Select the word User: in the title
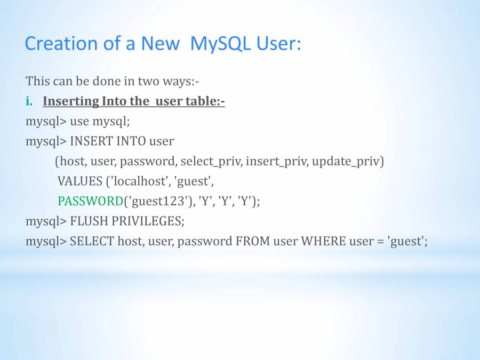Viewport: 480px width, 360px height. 278,43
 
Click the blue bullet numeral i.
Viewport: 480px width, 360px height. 29,101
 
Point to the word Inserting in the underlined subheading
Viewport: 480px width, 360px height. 71,101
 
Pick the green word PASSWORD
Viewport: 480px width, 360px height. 90,201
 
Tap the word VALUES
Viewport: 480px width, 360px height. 80,181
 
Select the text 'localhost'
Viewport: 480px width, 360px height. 140,181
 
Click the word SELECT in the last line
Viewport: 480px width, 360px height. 92,241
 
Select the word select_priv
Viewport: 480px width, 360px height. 211,161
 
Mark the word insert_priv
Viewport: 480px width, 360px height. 277,161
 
